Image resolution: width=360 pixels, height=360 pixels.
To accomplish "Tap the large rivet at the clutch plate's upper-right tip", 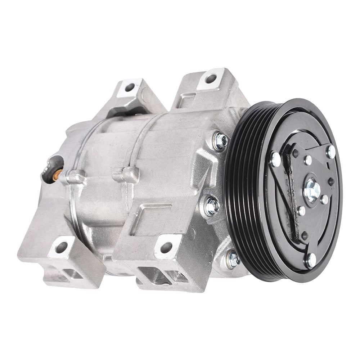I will [x=330, y=152].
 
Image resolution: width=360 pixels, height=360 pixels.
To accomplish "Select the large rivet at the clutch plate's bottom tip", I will [x=310, y=260].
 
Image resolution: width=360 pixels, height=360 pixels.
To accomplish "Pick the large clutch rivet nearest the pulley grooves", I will [x=275, y=159].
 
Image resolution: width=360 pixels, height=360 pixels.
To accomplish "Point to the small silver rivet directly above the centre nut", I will [x=307, y=160].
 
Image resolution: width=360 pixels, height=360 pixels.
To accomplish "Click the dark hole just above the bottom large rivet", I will [x=305, y=236].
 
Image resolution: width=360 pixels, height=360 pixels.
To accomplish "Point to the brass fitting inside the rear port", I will [x=57, y=175].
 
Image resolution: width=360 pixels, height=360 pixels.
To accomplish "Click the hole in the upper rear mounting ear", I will [x=130, y=87].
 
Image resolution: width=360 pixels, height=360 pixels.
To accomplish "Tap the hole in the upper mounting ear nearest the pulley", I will [x=211, y=78].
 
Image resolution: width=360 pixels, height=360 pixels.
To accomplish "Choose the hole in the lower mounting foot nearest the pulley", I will [x=166, y=247].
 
